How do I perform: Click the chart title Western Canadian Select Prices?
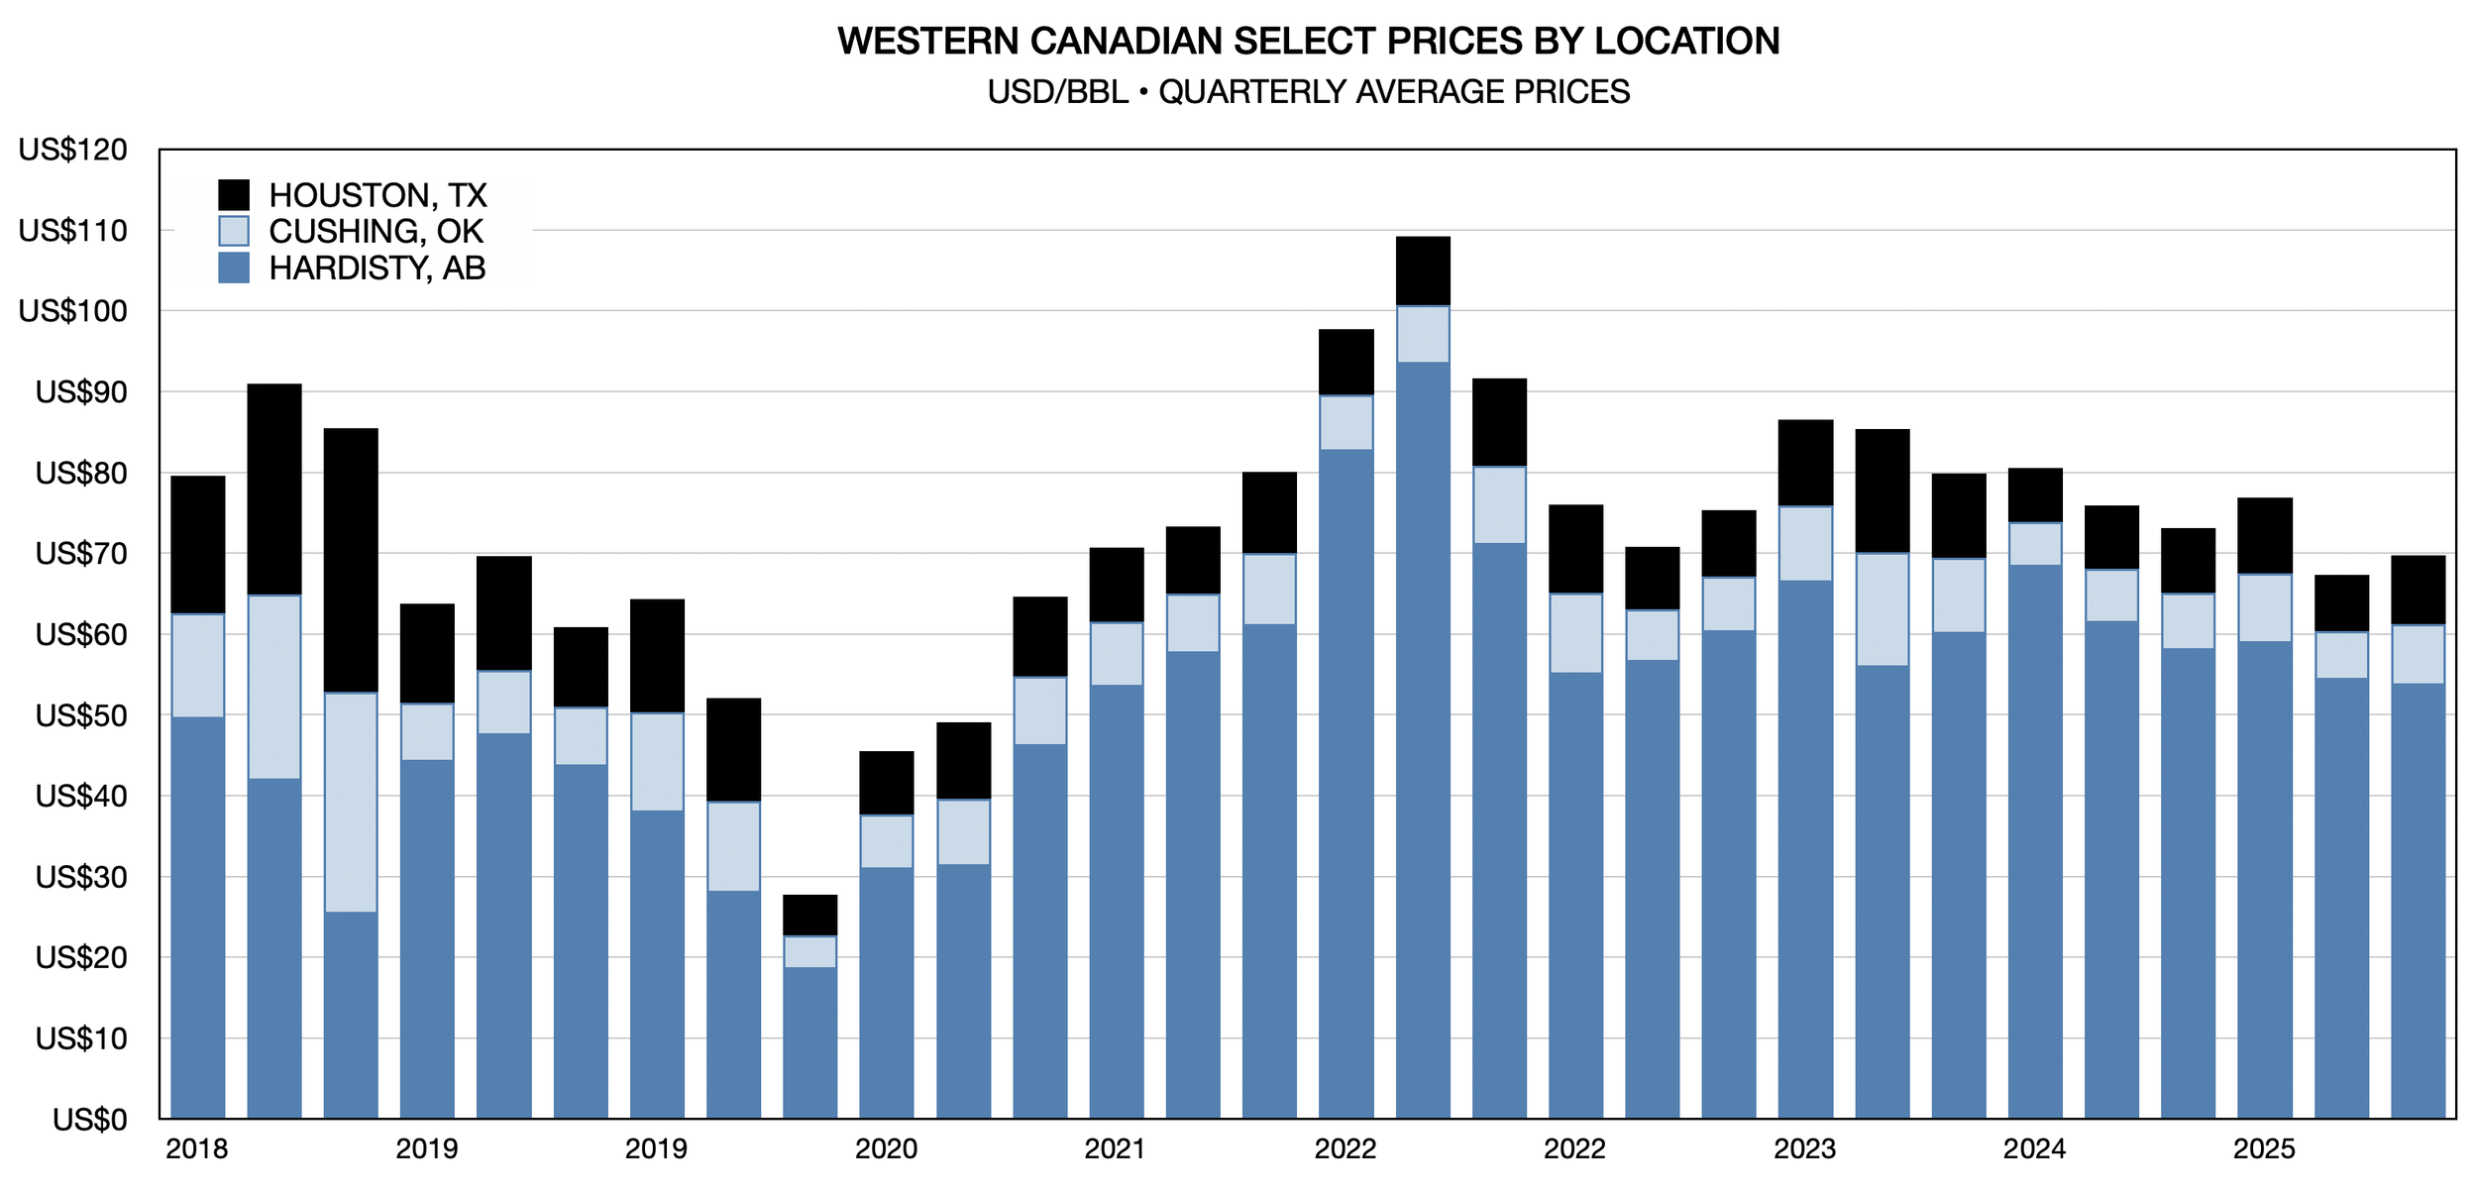[1308, 41]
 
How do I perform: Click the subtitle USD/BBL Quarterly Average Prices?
[1308, 92]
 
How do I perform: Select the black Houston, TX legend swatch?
[233, 194]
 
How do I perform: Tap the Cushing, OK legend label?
[376, 231]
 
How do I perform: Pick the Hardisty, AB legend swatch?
[233, 268]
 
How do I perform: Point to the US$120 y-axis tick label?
[73, 150]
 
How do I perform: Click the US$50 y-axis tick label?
[81, 715]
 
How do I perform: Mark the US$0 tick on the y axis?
[90, 1120]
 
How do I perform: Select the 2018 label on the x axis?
[196, 1149]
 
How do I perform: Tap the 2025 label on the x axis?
[2264, 1149]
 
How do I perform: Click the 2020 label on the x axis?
[886, 1149]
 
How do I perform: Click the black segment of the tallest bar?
[1423, 271]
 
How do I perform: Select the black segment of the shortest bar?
[809, 915]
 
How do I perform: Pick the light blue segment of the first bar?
[197, 665]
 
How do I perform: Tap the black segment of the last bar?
[2418, 590]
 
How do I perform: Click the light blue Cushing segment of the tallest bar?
[1423, 334]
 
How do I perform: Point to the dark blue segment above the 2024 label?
[2035, 842]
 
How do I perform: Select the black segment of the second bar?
[273, 489]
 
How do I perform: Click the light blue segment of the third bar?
[351, 802]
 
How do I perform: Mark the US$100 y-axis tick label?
[73, 311]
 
